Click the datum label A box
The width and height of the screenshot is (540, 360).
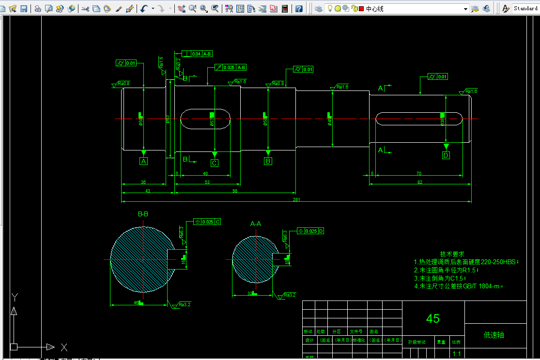(x=143, y=162)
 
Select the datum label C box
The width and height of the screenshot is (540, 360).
(x=215, y=163)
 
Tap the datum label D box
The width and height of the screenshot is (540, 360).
(x=446, y=155)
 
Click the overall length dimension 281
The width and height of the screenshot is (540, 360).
(x=296, y=199)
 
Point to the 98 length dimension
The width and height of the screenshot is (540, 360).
(x=235, y=191)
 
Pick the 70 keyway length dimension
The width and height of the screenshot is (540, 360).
(x=418, y=173)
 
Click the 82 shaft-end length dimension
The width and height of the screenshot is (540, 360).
(x=419, y=182)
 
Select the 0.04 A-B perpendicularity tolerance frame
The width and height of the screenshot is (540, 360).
(x=197, y=54)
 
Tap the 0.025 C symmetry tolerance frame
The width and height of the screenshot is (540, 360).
(x=207, y=222)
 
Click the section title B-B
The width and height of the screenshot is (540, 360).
(x=143, y=214)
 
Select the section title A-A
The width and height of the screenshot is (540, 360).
(x=256, y=224)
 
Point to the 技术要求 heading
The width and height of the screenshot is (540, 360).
(x=452, y=254)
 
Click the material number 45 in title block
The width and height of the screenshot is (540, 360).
(x=433, y=318)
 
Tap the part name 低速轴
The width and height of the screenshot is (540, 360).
(x=494, y=335)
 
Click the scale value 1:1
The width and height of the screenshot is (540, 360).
(x=456, y=354)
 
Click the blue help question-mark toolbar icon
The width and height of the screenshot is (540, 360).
(x=299, y=9)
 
